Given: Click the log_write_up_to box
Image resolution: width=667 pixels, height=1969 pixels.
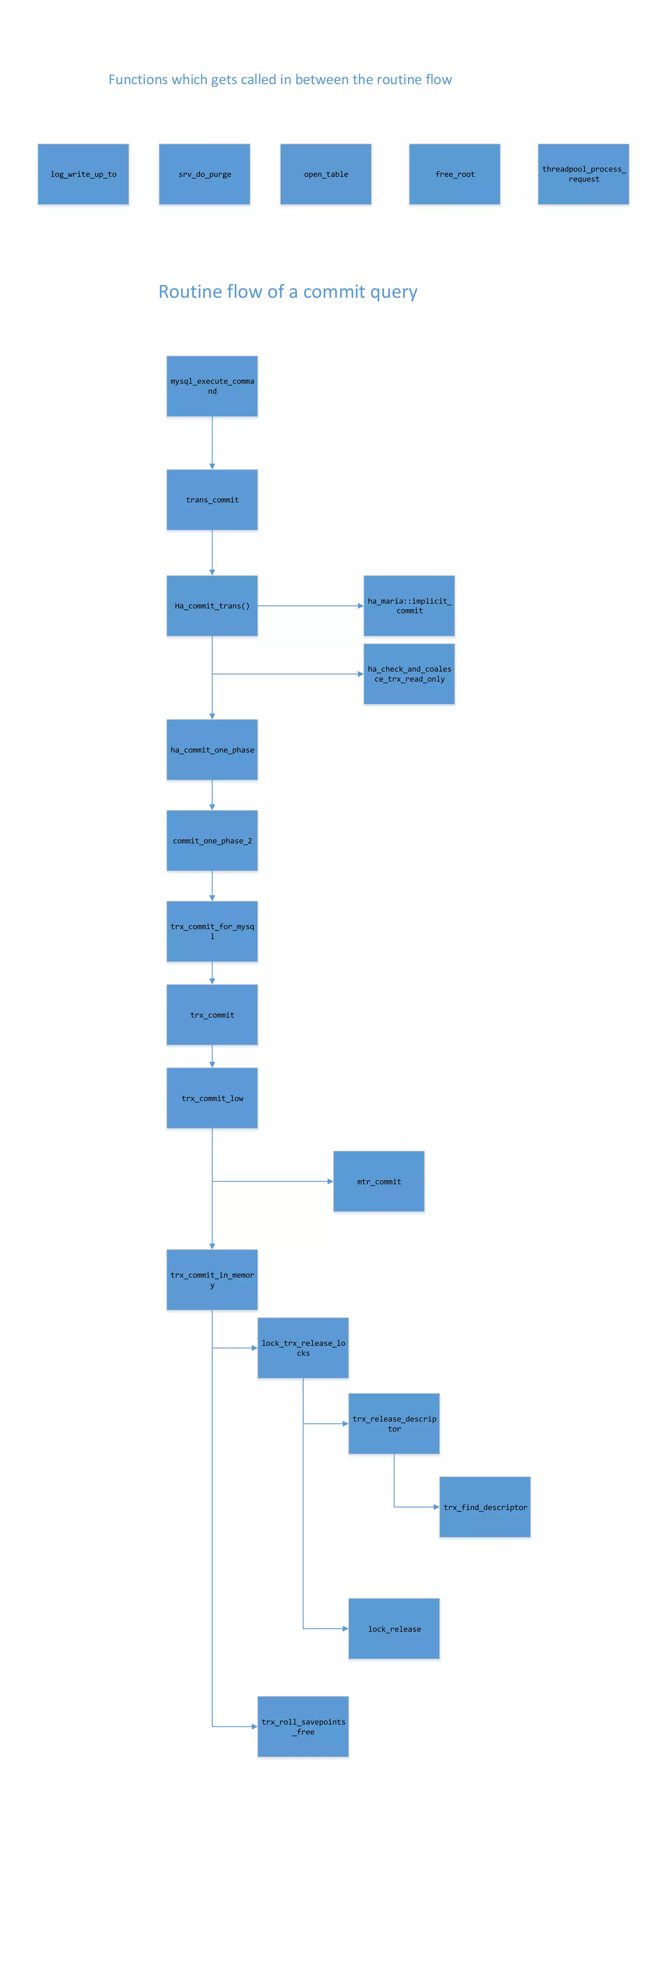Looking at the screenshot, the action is [x=83, y=174].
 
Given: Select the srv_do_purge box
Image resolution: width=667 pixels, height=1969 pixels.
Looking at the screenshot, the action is [x=204, y=174].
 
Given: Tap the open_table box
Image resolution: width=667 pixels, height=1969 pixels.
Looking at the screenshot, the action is [x=326, y=174].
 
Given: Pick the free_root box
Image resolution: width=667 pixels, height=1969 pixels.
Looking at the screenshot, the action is [x=454, y=174].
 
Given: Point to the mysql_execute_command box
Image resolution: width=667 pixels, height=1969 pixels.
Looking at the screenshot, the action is [x=212, y=386].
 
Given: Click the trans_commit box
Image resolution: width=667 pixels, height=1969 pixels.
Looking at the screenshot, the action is [x=212, y=500].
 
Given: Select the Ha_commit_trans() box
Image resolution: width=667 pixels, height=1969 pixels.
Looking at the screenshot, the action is [x=212, y=605].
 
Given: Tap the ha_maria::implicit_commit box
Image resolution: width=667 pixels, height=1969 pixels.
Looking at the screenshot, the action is [x=409, y=605].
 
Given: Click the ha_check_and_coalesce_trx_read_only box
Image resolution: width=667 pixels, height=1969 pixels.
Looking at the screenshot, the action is [x=409, y=673].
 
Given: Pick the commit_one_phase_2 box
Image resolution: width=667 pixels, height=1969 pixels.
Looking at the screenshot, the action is [x=212, y=841].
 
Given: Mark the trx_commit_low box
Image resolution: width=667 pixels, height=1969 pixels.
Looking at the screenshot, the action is [x=212, y=1098].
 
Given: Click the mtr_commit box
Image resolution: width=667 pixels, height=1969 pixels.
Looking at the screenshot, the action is [x=379, y=1182].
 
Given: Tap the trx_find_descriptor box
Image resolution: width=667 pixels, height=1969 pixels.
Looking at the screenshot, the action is [x=485, y=1507].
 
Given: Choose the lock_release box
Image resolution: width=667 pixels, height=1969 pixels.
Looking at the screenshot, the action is [x=394, y=1629].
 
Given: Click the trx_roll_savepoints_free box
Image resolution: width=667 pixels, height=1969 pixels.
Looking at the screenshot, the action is [x=303, y=1727].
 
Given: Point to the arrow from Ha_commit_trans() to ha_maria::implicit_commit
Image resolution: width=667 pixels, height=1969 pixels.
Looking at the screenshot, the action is [x=310, y=605].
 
